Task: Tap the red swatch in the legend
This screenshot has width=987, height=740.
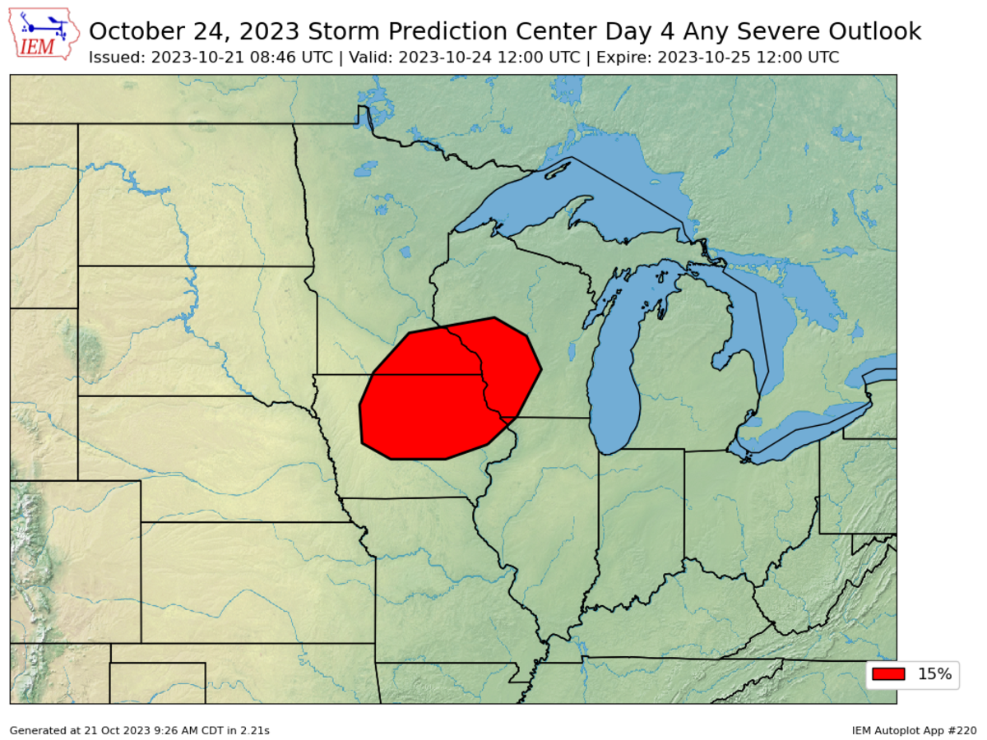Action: pos(888,674)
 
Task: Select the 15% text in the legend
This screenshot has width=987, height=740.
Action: pos(934,674)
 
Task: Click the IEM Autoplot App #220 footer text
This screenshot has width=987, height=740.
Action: pos(915,730)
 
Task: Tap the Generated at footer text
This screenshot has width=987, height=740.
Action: pos(140,730)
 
